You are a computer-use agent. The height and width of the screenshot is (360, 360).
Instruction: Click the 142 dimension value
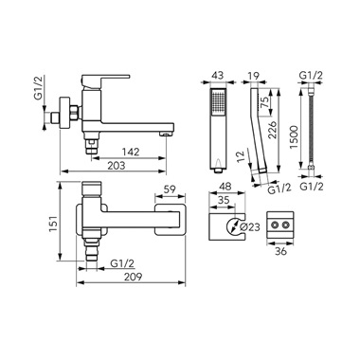(132, 152)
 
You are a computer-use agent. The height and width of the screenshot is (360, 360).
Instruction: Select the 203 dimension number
(117, 165)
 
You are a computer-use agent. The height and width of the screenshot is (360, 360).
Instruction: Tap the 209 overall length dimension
(133, 277)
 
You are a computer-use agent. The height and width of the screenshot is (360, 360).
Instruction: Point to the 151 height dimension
(53, 223)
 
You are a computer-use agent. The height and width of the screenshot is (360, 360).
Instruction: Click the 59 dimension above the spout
(171, 190)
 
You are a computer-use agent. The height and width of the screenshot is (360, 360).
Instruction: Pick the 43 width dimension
(218, 76)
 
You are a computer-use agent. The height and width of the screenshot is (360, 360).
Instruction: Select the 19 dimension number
(253, 76)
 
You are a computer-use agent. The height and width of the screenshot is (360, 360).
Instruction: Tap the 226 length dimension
(272, 129)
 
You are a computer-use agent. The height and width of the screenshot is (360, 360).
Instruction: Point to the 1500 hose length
(294, 137)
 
